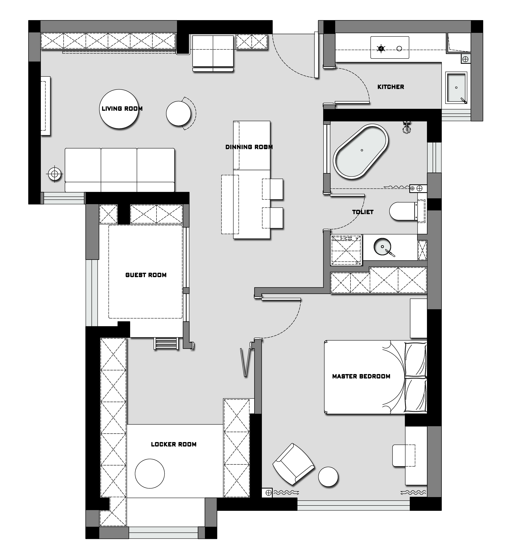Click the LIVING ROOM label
tap(122, 109)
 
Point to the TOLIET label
tap(363, 212)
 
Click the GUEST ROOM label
tap(146, 275)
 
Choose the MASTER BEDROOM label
tap(361, 376)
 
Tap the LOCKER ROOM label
tap(174, 444)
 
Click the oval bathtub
tap(361, 151)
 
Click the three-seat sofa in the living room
tap(120, 170)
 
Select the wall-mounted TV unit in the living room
tap(46, 106)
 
